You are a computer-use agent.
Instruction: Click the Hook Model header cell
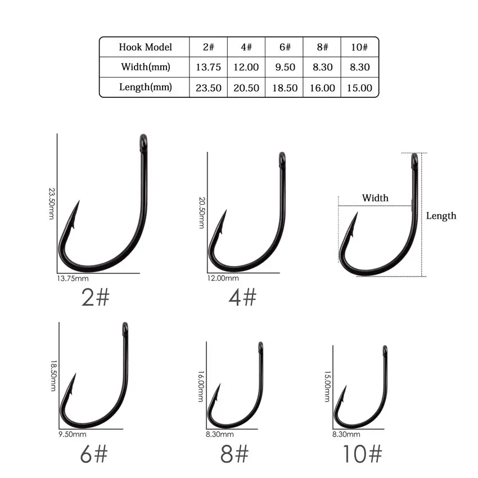click(x=145, y=47)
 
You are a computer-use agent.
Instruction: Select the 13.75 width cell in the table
click(x=208, y=67)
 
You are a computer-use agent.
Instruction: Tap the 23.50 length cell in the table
click(x=208, y=88)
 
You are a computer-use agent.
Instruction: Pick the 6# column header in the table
click(x=283, y=47)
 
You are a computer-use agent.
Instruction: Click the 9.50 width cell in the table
click(x=283, y=67)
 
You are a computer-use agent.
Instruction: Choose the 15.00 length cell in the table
click(x=359, y=88)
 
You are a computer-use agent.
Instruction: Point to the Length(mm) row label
click(x=145, y=88)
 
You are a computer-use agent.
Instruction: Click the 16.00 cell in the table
click(x=322, y=88)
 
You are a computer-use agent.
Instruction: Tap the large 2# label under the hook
click(x=95, y=297)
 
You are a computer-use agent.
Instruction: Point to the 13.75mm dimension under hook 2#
click(x=73, y=278)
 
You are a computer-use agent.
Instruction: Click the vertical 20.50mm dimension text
click(x=201, y=213)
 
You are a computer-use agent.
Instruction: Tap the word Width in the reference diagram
click(x=375, y=198)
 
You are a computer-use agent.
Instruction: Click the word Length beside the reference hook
click(x=441, y=215)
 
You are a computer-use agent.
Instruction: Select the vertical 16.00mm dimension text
click(x=201, y=386)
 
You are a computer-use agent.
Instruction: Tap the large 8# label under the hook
click(x=235, y=454)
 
